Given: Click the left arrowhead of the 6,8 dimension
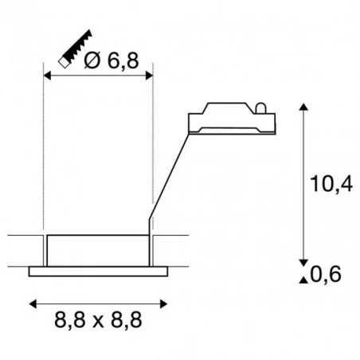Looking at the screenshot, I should point(45,76).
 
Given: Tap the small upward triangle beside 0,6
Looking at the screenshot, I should point(303,276).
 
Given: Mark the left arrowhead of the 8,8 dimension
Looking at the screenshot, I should point(33,303).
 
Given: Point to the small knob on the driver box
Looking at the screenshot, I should point(262,108).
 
